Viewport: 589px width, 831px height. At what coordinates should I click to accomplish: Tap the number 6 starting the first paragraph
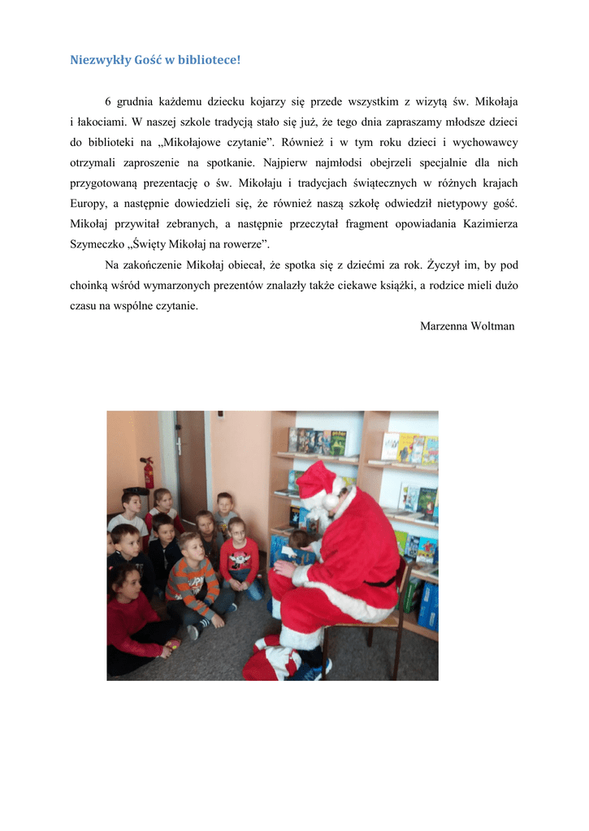tap(108, 102)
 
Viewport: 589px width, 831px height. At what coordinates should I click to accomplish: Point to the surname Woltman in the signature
tap(492, 326)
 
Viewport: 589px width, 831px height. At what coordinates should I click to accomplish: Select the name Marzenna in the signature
tap(443, 326)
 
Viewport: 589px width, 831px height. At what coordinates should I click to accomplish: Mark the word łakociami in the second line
tap(101, 123)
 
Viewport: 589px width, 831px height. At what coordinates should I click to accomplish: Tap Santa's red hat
tap(315, 479)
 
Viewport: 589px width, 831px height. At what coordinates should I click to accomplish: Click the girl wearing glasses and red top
tap(240, 556)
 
